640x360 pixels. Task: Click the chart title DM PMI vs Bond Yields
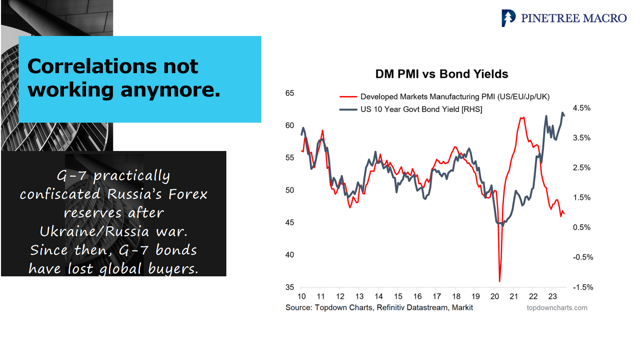tap(442, 74)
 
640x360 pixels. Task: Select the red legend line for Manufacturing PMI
tap(348, 97)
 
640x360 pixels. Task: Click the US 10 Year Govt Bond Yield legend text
tap(421, 109)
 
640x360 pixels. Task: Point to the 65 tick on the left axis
tap(290, 93)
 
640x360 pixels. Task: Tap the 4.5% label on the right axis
tap(581, 108)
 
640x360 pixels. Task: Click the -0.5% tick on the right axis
tap(583, 257)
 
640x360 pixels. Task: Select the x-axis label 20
tap(495, 296)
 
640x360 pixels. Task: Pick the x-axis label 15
tap(398, 296)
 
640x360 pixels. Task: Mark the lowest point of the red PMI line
tap(500, 281)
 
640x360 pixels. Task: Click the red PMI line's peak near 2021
tap(522, 117)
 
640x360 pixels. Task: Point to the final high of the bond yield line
tap(563, 113)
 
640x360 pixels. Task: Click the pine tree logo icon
tap(508, 18)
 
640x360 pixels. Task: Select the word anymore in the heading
tap(170, 90)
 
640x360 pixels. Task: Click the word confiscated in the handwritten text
tap(60, 194)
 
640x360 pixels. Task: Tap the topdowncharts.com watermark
tap(557, 308)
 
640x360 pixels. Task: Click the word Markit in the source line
tap(462, 307)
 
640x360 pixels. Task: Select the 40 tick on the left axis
tap(290, 255)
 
